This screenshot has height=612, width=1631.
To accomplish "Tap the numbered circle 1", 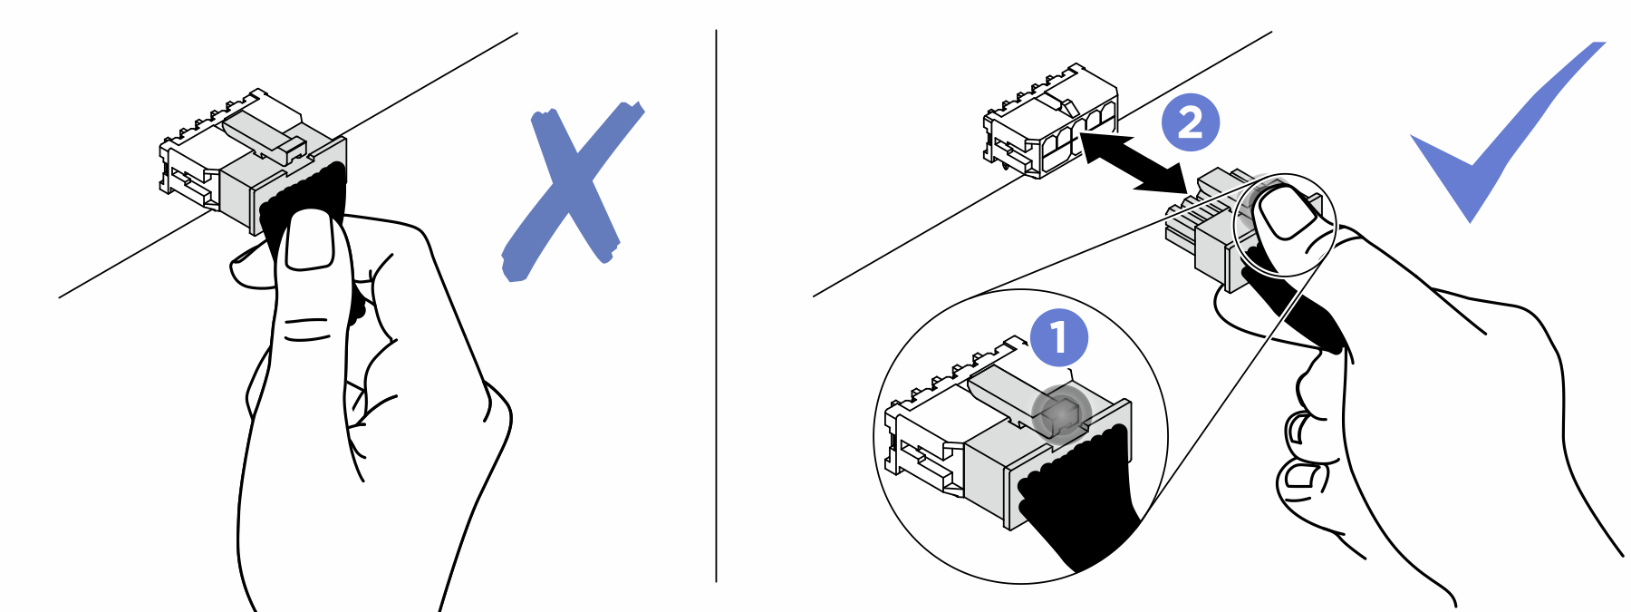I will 1058,337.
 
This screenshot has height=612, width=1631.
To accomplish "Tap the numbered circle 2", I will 1191,122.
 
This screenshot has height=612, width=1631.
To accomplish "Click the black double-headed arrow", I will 1133,163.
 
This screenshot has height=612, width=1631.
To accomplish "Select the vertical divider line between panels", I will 716,308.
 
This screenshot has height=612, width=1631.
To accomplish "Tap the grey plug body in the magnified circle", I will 988,471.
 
